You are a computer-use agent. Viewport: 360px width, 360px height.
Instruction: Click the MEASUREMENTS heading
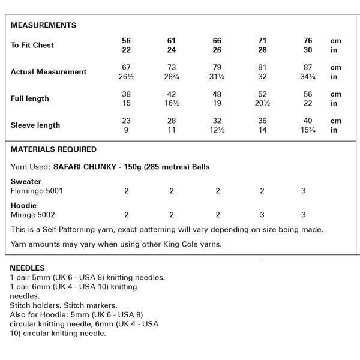(43, 25)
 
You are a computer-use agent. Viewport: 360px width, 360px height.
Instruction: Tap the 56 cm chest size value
(126, 41)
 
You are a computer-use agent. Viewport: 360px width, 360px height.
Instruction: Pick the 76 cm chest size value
(307, 41)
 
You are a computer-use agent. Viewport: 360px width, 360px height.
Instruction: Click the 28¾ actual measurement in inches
(172, 77)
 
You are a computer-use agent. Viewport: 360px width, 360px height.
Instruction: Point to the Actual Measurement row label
(49, 72)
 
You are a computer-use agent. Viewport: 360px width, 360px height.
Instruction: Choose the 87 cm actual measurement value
(307, 68)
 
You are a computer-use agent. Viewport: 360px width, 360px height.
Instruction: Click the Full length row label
(30, 98)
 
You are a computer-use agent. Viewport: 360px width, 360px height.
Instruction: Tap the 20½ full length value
(262, 104)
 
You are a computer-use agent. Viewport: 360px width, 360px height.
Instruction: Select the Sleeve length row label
(35, 125)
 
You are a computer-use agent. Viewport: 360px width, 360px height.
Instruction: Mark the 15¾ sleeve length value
(307, 130)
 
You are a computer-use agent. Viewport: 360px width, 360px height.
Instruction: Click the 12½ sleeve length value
(217, 130)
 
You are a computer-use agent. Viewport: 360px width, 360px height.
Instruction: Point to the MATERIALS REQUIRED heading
(53, 149)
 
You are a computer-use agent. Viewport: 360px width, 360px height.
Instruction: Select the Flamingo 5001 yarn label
(37, 191)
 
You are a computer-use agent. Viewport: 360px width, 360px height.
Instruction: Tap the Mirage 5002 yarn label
(33, 214)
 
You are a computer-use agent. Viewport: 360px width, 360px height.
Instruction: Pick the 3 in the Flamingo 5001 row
(304, 191)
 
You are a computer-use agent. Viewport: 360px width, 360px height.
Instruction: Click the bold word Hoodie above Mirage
(24, 205)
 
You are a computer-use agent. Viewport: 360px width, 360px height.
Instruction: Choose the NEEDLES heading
(28, 268)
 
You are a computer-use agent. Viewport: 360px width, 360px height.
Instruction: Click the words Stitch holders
(35, 305)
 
